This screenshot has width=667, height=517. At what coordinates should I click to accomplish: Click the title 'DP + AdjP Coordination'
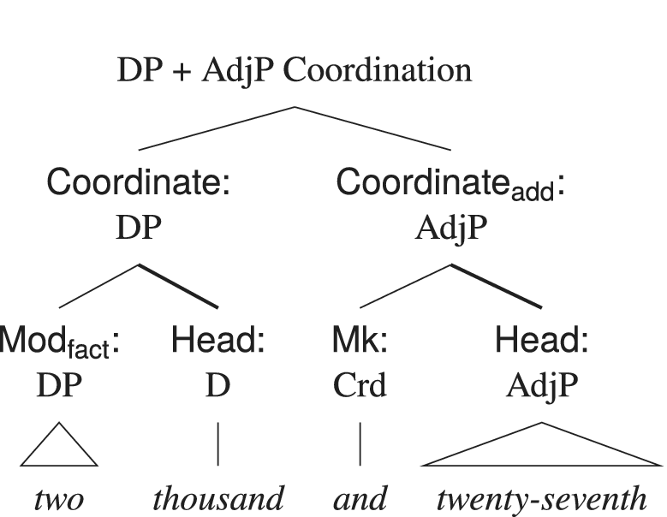pos(294,70)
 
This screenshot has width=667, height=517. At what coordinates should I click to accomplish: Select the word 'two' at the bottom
pos(58,498)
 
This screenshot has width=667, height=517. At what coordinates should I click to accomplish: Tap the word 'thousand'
pos(218,498)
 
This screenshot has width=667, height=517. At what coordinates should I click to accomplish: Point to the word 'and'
pos(360,498)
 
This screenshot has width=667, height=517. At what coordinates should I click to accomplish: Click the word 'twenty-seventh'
pos(541,498)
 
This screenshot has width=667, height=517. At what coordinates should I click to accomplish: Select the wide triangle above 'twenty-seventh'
pos(541,449)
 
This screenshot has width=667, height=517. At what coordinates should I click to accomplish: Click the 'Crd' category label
pos(360,386)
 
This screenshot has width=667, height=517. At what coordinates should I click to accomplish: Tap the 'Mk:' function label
pos(360,342)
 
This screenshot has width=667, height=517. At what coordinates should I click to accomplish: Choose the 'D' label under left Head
pos(217,386)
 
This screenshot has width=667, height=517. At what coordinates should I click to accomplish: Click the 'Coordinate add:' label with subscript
pos(450,184)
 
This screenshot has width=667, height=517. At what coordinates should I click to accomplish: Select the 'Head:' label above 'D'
pos(217,342)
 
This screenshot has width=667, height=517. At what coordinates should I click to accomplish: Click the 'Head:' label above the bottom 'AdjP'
pos(541,342)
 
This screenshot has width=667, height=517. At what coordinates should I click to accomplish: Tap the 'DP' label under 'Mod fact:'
pos(58,386)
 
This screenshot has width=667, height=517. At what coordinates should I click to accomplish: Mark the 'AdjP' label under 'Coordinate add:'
pos(450,228)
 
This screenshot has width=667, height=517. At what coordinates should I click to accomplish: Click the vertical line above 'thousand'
pos(217,444)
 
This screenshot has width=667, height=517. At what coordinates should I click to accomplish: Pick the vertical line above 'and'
pos(360,444)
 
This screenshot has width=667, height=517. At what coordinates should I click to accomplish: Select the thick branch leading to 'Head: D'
pos(179,286)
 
